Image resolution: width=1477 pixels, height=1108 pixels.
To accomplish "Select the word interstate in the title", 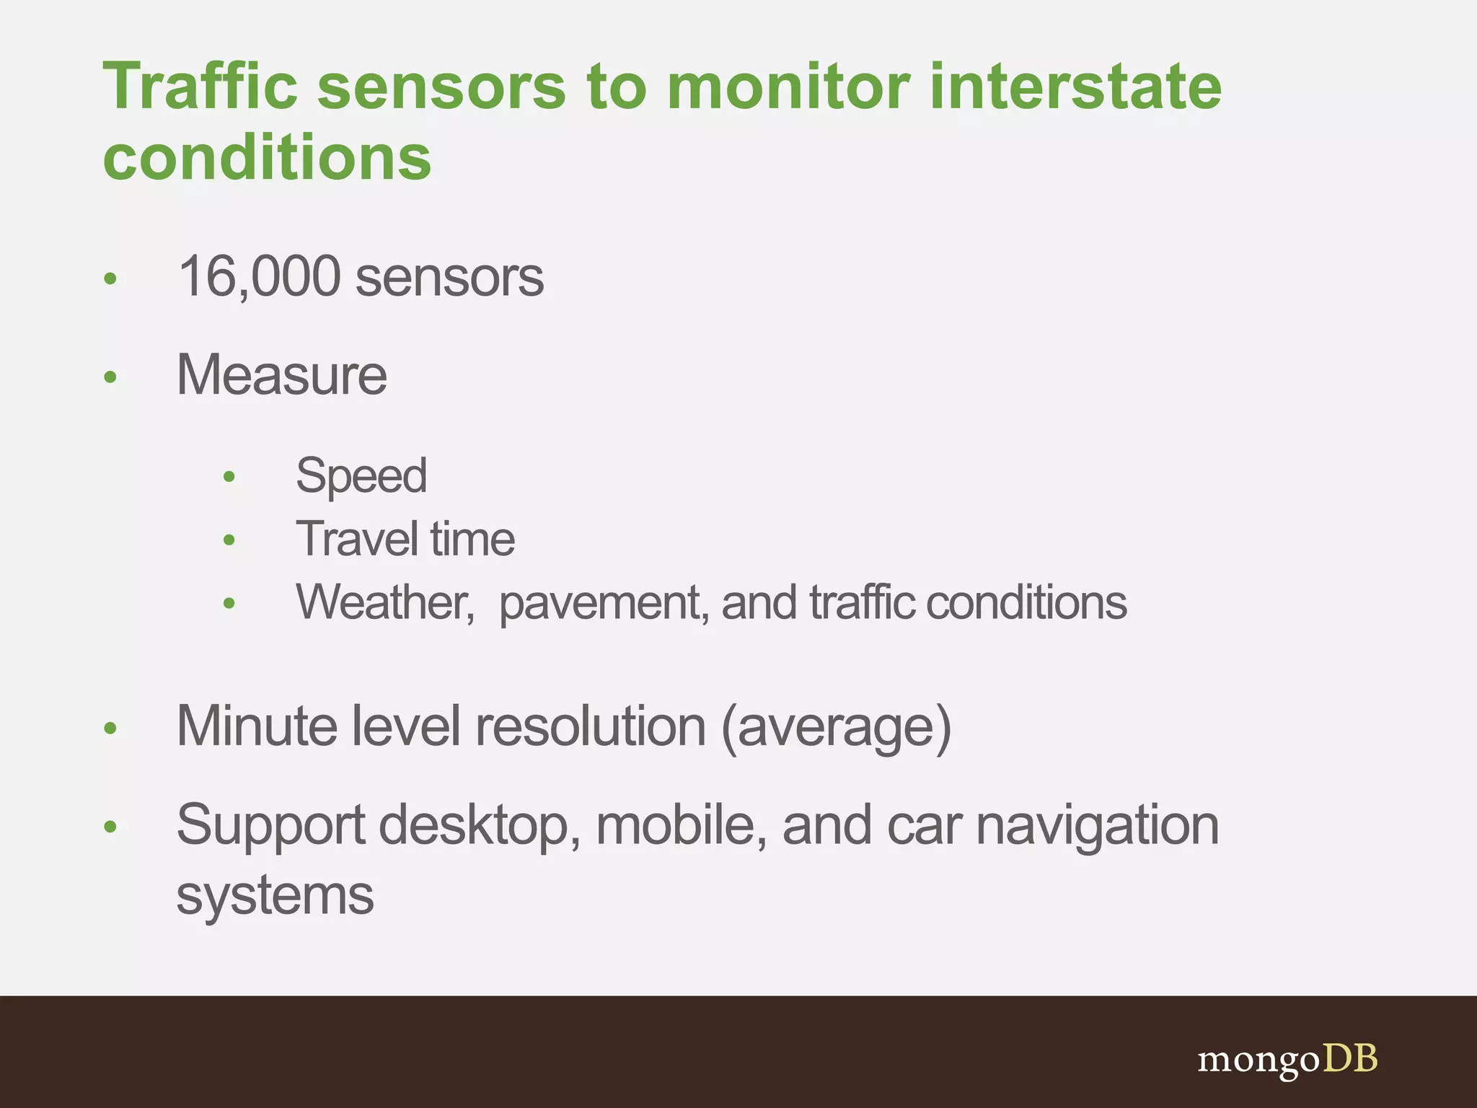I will click(1075, 87).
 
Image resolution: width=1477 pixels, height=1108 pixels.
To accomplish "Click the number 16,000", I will click(259, 276).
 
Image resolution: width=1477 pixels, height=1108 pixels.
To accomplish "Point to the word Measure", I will click(282, 375).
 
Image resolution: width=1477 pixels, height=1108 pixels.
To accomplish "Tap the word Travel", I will click(357, 539).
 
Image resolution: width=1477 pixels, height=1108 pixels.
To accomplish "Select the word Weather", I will click(384, 602).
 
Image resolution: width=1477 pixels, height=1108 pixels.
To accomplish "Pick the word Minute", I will click(257, 726).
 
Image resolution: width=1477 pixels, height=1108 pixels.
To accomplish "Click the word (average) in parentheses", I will click(836, 727).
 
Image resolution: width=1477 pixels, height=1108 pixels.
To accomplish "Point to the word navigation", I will click(1097, 826).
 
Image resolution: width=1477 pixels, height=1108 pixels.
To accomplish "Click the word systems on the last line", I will click(275, 895).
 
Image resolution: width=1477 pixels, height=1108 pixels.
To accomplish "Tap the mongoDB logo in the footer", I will click(1287, 1060).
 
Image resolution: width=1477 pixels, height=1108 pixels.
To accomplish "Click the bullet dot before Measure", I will click(110, 377).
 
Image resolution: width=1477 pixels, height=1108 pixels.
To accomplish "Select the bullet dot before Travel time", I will click(229, 540).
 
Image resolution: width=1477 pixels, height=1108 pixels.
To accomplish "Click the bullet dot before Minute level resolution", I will click(110, 728).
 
